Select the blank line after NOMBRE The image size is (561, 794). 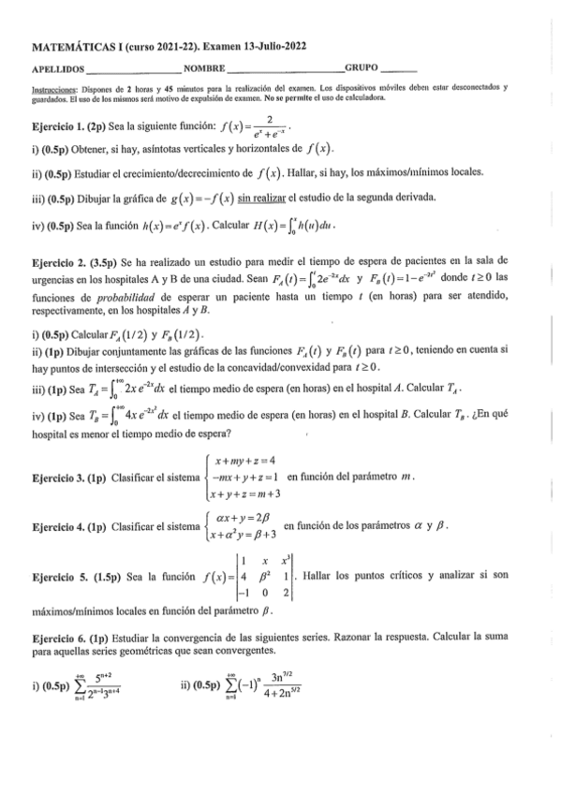tap(285, 69)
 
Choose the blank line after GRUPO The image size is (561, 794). tap(400, 69)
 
